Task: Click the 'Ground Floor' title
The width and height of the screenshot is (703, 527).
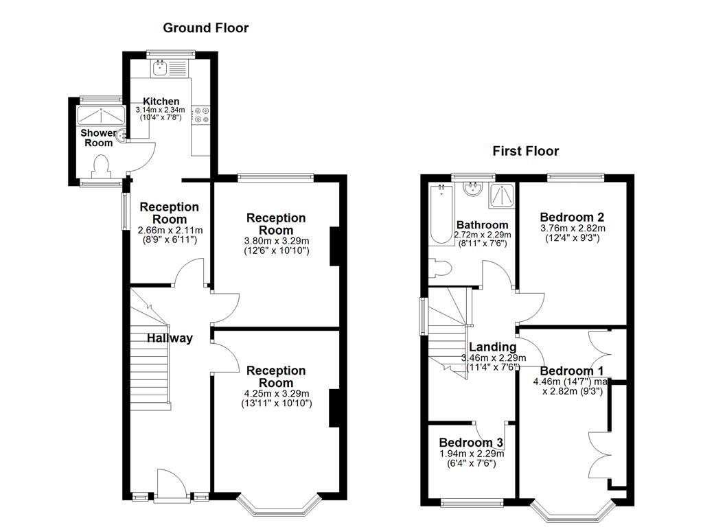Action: (x=205, y=28)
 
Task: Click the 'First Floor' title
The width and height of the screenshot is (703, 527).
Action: (x=526, y=151)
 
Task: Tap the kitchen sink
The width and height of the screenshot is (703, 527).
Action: (x=161, y=67)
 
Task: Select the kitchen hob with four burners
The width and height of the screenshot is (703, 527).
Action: (x=202, y=115)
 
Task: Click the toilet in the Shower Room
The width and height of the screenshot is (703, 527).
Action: (x=102, y=165)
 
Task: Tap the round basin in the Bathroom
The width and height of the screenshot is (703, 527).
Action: (x=473, y=187)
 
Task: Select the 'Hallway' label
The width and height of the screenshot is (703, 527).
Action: (x=170, y=338)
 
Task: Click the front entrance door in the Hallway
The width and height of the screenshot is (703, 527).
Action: (x=169, y=483)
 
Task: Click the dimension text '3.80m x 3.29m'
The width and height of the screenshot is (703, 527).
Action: (x=277, y=241)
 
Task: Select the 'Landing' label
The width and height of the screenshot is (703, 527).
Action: (x=492, y=347)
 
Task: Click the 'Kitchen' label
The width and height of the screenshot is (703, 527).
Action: (x=161, y=101)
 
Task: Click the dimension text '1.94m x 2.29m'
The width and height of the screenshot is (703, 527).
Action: (x=471, y=454)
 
